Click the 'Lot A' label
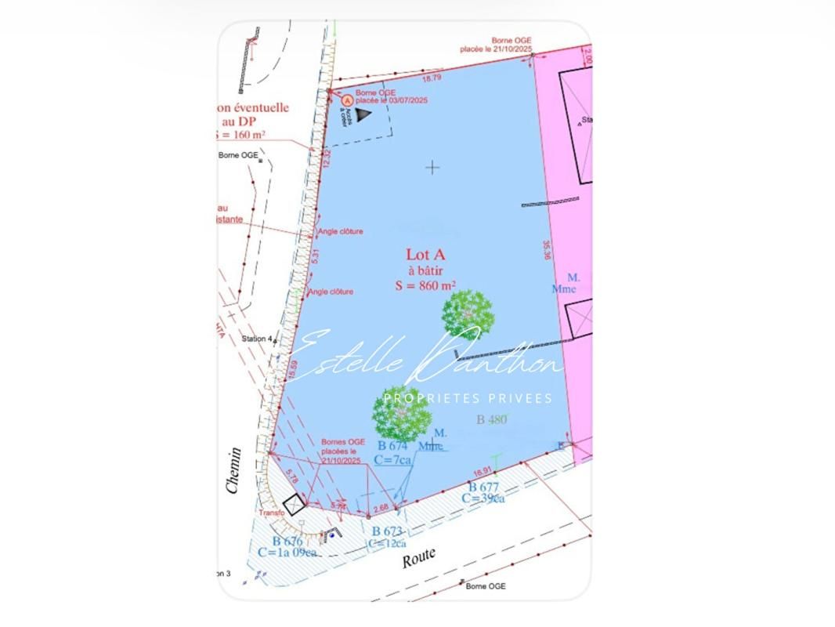point(425,255)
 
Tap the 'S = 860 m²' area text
point(425,286)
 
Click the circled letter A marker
point(348,100)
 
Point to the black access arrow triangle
point(363,114)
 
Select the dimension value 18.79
point(432,78)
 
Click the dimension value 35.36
point(546,250)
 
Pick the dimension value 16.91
point(483,472)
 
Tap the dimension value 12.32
point(327,157)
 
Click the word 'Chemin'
point(233,470)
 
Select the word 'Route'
point(418,558)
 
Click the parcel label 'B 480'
point(492,419)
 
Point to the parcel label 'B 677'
point(480,487)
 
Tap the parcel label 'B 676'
point(287,541)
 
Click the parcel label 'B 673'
point(387,531)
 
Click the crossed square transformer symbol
point(294,504)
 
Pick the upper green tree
point(468,314)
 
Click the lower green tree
point(401,414)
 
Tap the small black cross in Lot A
point(432,167)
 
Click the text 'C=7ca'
point(392,460)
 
